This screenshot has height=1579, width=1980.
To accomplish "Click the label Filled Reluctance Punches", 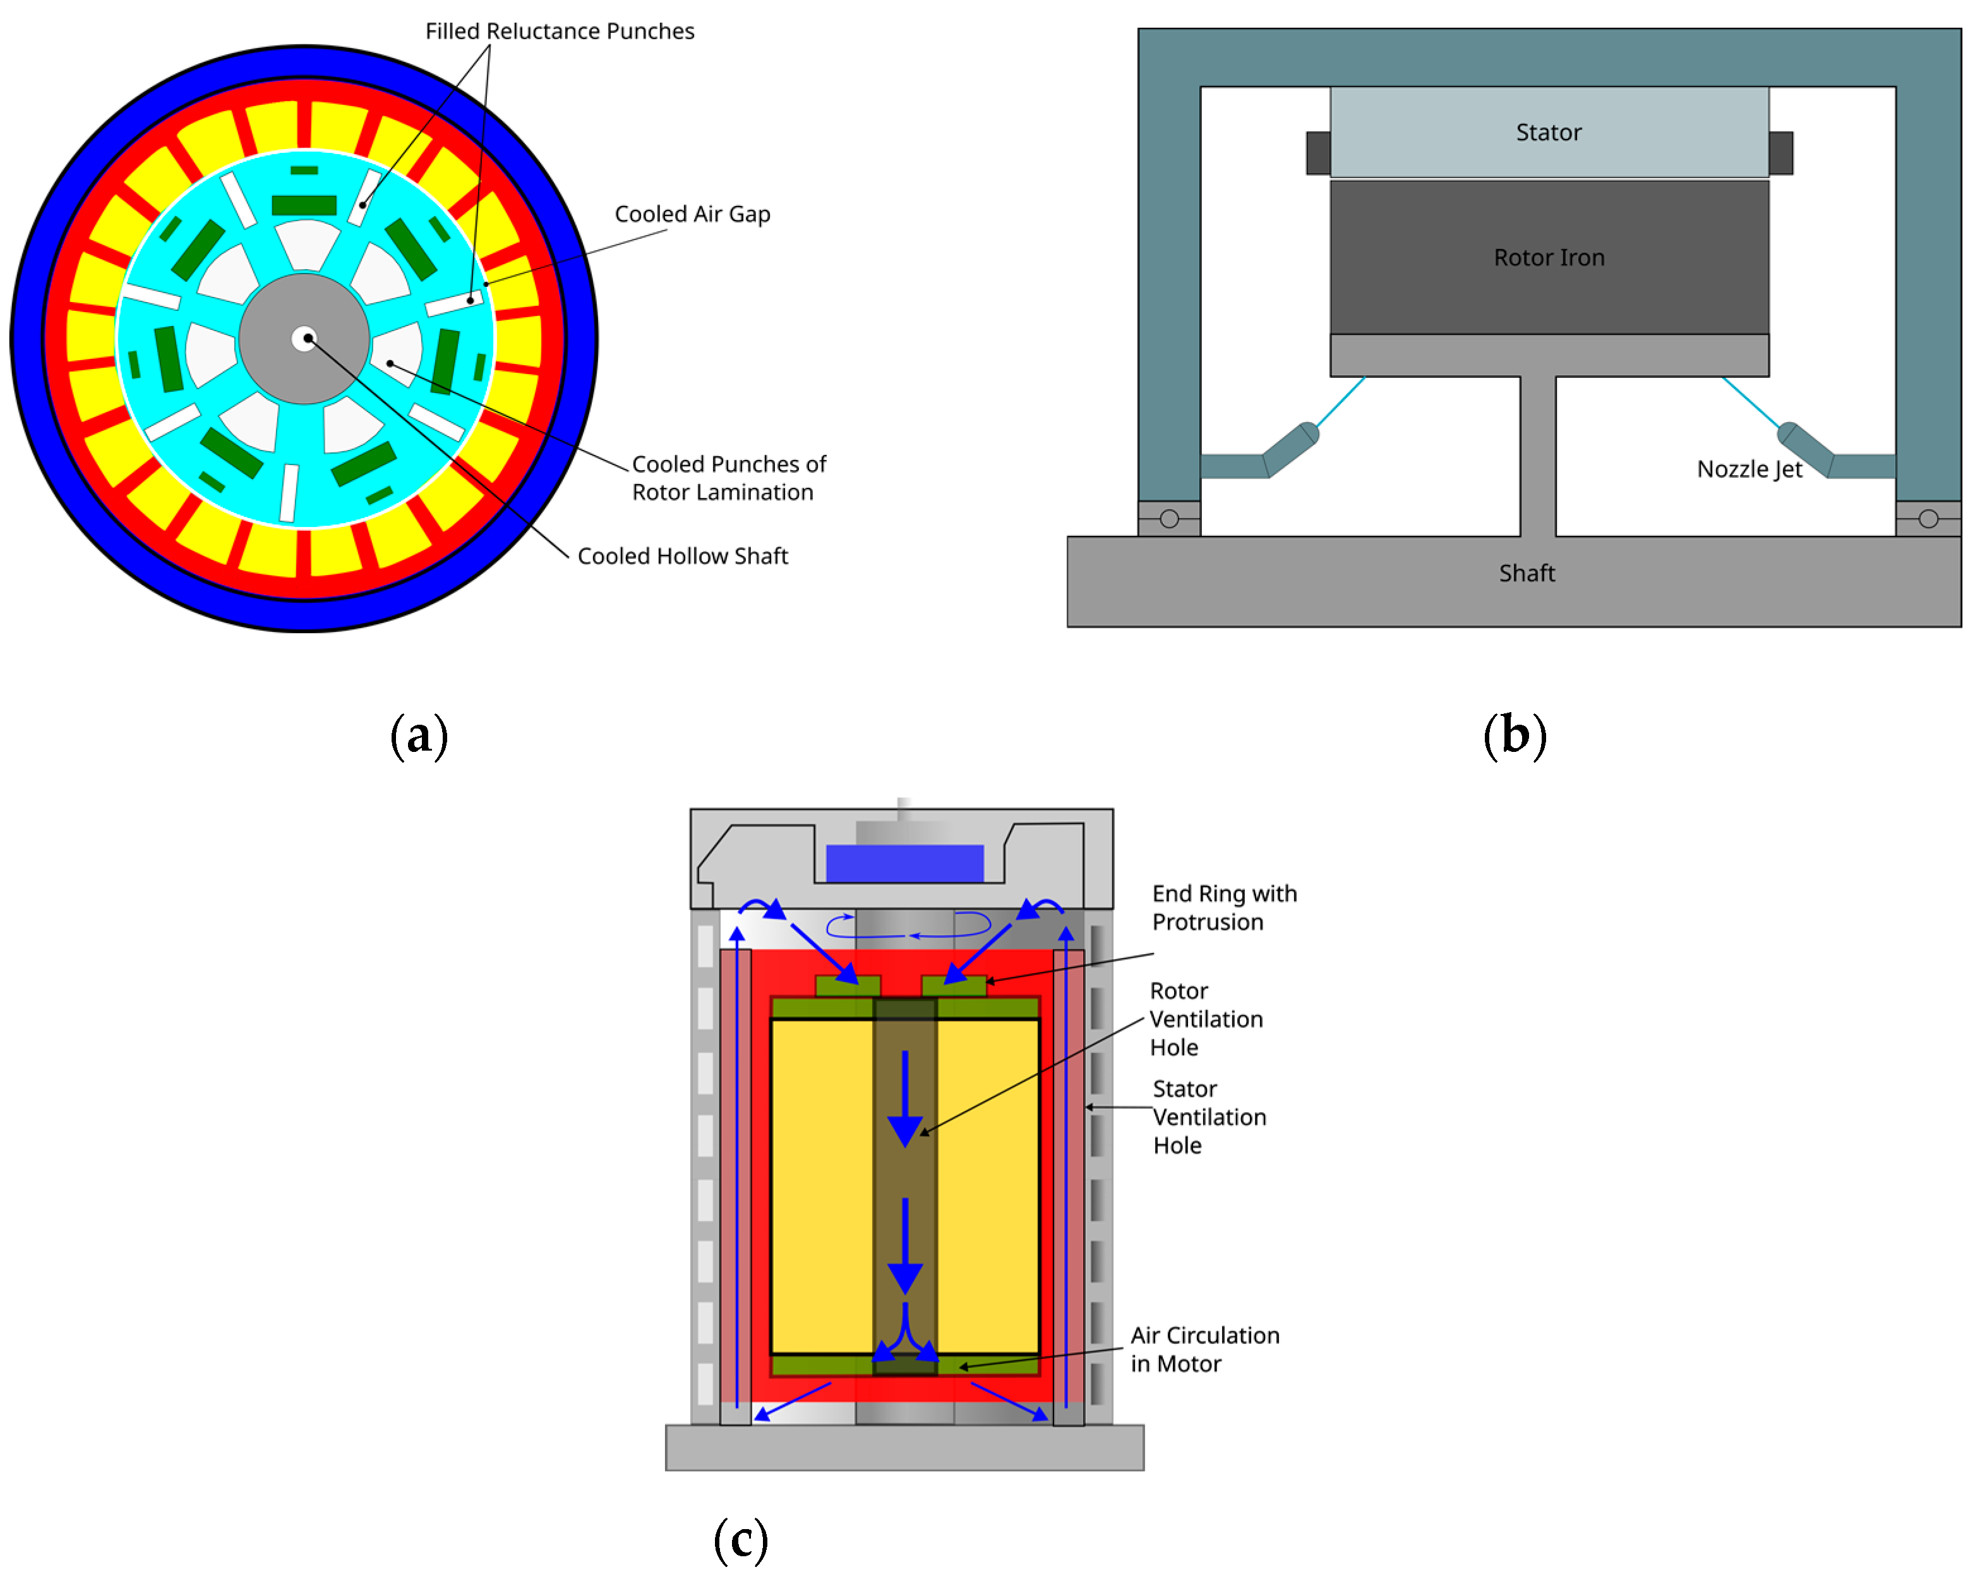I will tap(560, 31).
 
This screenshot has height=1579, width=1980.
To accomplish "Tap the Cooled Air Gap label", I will tap(692, 214).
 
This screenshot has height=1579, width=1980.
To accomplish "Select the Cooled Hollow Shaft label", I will tap(682, 556).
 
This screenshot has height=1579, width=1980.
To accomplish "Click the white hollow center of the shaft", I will tap(304, 339).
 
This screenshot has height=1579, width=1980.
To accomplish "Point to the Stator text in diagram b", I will tap(1549, 132).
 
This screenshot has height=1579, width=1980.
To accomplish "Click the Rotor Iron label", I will tap(1549, 257).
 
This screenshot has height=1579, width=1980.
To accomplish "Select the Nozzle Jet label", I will tap(1749, 469).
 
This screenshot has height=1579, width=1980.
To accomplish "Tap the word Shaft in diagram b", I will tap(1527, 573).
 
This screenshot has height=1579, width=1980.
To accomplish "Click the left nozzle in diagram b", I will tap(1290, 447).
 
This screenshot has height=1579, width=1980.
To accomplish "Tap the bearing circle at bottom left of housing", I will tap(1169, 519).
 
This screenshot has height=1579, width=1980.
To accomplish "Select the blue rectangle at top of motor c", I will tap(904, 864).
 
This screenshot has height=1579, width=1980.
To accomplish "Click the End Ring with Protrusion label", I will tap(1224, 907).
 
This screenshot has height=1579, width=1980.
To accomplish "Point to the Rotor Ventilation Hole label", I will tap(1206, 1019).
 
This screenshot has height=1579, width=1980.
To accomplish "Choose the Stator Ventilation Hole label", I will tap(1209, 1117).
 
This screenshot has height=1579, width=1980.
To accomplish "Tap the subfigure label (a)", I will tap(419, 735).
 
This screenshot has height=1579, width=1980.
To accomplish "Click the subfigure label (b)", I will tap(1515, 735).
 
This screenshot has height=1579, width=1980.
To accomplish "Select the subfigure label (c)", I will tap(740, 1539).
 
